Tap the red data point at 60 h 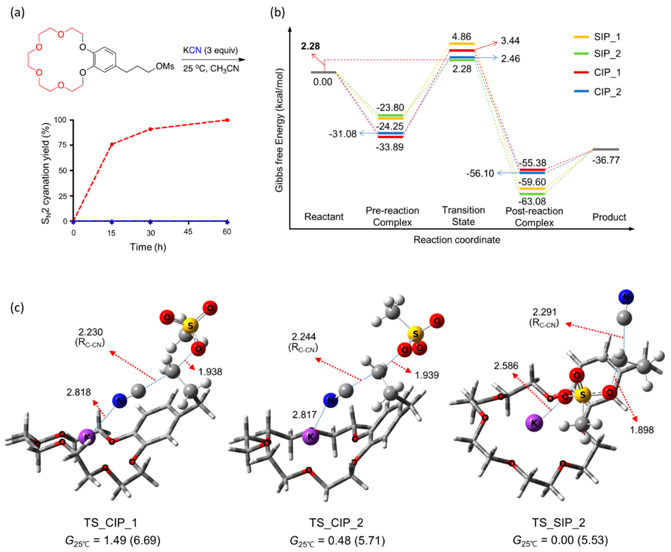(227, 120)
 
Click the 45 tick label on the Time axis (188, 232)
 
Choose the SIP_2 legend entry (607, 54)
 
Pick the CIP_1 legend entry (607, 73)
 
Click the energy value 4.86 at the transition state (462, 37)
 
